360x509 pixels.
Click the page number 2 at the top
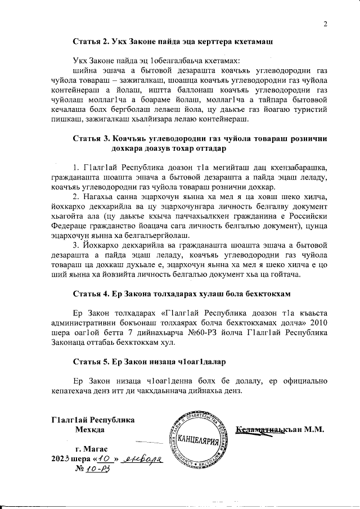[x=325, y=23]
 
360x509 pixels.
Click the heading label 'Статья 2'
[x=91, y=42]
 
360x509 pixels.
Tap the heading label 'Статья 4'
[x=91, y=293]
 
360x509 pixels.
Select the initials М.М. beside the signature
[x=316, y=430]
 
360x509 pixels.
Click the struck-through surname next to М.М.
[x=268, y=430]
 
